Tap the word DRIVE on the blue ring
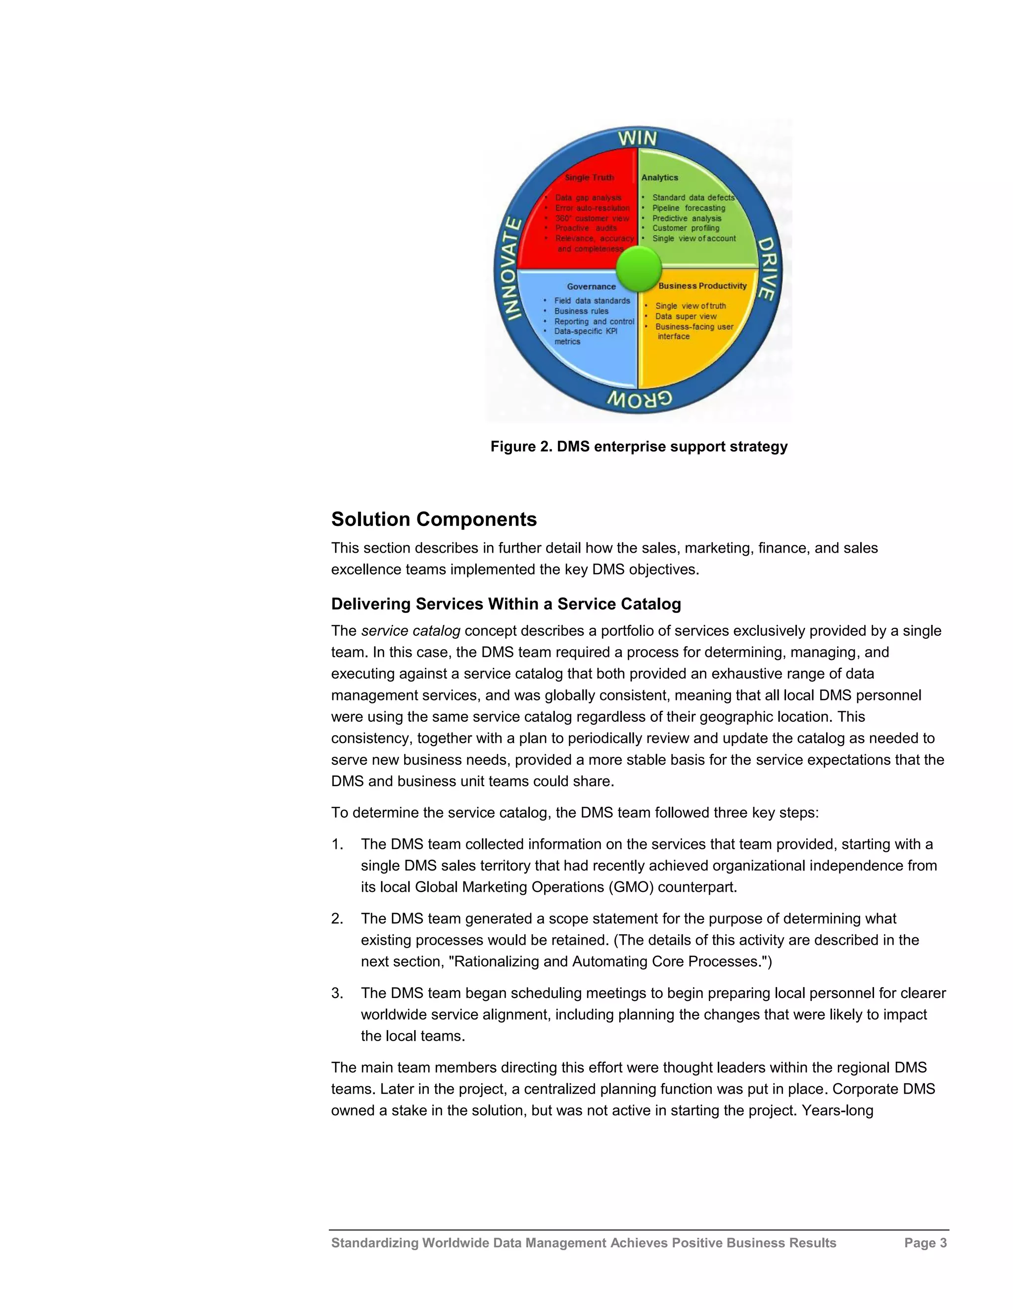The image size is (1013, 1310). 768,268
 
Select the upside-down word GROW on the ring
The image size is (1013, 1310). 639,399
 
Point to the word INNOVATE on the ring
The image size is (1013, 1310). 510,269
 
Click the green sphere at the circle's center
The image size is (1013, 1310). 639,268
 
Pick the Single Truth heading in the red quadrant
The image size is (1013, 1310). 589,177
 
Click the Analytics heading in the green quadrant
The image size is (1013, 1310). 659,177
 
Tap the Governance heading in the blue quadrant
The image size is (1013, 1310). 591,287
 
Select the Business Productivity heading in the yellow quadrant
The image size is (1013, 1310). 702,286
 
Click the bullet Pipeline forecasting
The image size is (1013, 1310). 689,208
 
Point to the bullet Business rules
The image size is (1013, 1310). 581,311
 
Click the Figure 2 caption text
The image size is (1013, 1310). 639,446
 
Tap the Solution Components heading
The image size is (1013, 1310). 434,520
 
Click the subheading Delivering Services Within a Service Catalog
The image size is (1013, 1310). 506,604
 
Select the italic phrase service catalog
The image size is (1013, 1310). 411,631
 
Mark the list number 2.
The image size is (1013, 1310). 337,919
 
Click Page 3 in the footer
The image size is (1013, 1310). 925,1243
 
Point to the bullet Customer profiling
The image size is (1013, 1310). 686,228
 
